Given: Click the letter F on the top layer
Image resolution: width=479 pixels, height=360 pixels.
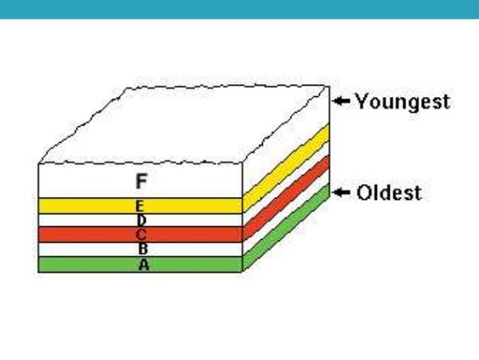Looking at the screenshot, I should (x=140, y=180).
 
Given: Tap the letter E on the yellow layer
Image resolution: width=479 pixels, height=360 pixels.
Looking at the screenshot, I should (x=140, y=205).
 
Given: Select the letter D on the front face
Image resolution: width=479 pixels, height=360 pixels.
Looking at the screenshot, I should (x=141, y=220).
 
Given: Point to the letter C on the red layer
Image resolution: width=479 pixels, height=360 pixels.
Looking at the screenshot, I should (x=141, y=234).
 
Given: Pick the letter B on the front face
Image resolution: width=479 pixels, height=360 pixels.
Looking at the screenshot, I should (x=143, y=249).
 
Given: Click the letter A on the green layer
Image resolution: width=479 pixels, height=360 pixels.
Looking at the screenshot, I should (x=142, y=264).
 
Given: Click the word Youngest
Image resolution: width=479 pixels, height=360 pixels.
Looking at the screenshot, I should (x=402, y=101).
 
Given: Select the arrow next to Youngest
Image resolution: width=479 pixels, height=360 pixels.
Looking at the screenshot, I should (x=342, y=101).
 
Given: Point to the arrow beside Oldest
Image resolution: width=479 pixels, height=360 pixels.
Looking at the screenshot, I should (x=342, y=193).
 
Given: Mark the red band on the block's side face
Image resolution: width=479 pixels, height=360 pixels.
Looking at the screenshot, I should (x=285, y=198).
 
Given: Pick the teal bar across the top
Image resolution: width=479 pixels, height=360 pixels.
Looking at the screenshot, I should (x=239, y=9).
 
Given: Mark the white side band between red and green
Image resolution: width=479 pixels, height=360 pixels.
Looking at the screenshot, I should (x=285, y=213).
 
